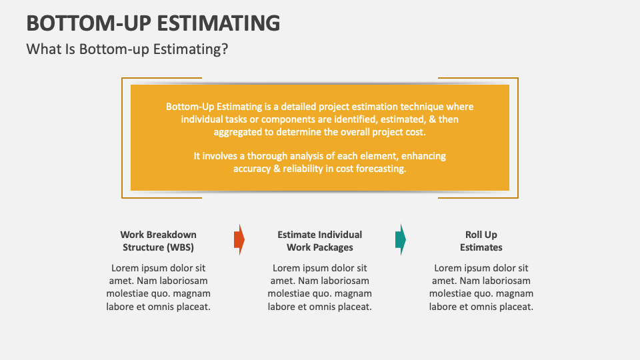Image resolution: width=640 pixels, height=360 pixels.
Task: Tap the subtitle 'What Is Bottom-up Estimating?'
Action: click(127, 49)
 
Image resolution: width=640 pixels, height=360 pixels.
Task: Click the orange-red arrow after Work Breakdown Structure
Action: click(239, 240)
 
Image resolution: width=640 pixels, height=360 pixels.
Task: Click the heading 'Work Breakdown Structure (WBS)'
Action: click(158, 241)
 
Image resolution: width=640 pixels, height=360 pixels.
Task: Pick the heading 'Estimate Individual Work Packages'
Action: click(319, 241)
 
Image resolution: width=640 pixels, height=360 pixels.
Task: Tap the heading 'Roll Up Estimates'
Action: click(481, 241)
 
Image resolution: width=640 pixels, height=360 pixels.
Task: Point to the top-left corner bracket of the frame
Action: click(123, 79)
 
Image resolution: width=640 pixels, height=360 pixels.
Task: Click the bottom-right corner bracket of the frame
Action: click(516, 196)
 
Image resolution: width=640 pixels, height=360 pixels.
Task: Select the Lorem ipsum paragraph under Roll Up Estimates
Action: click(481, 287)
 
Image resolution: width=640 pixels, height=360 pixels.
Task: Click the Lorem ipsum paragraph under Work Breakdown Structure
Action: click(158, 287)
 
